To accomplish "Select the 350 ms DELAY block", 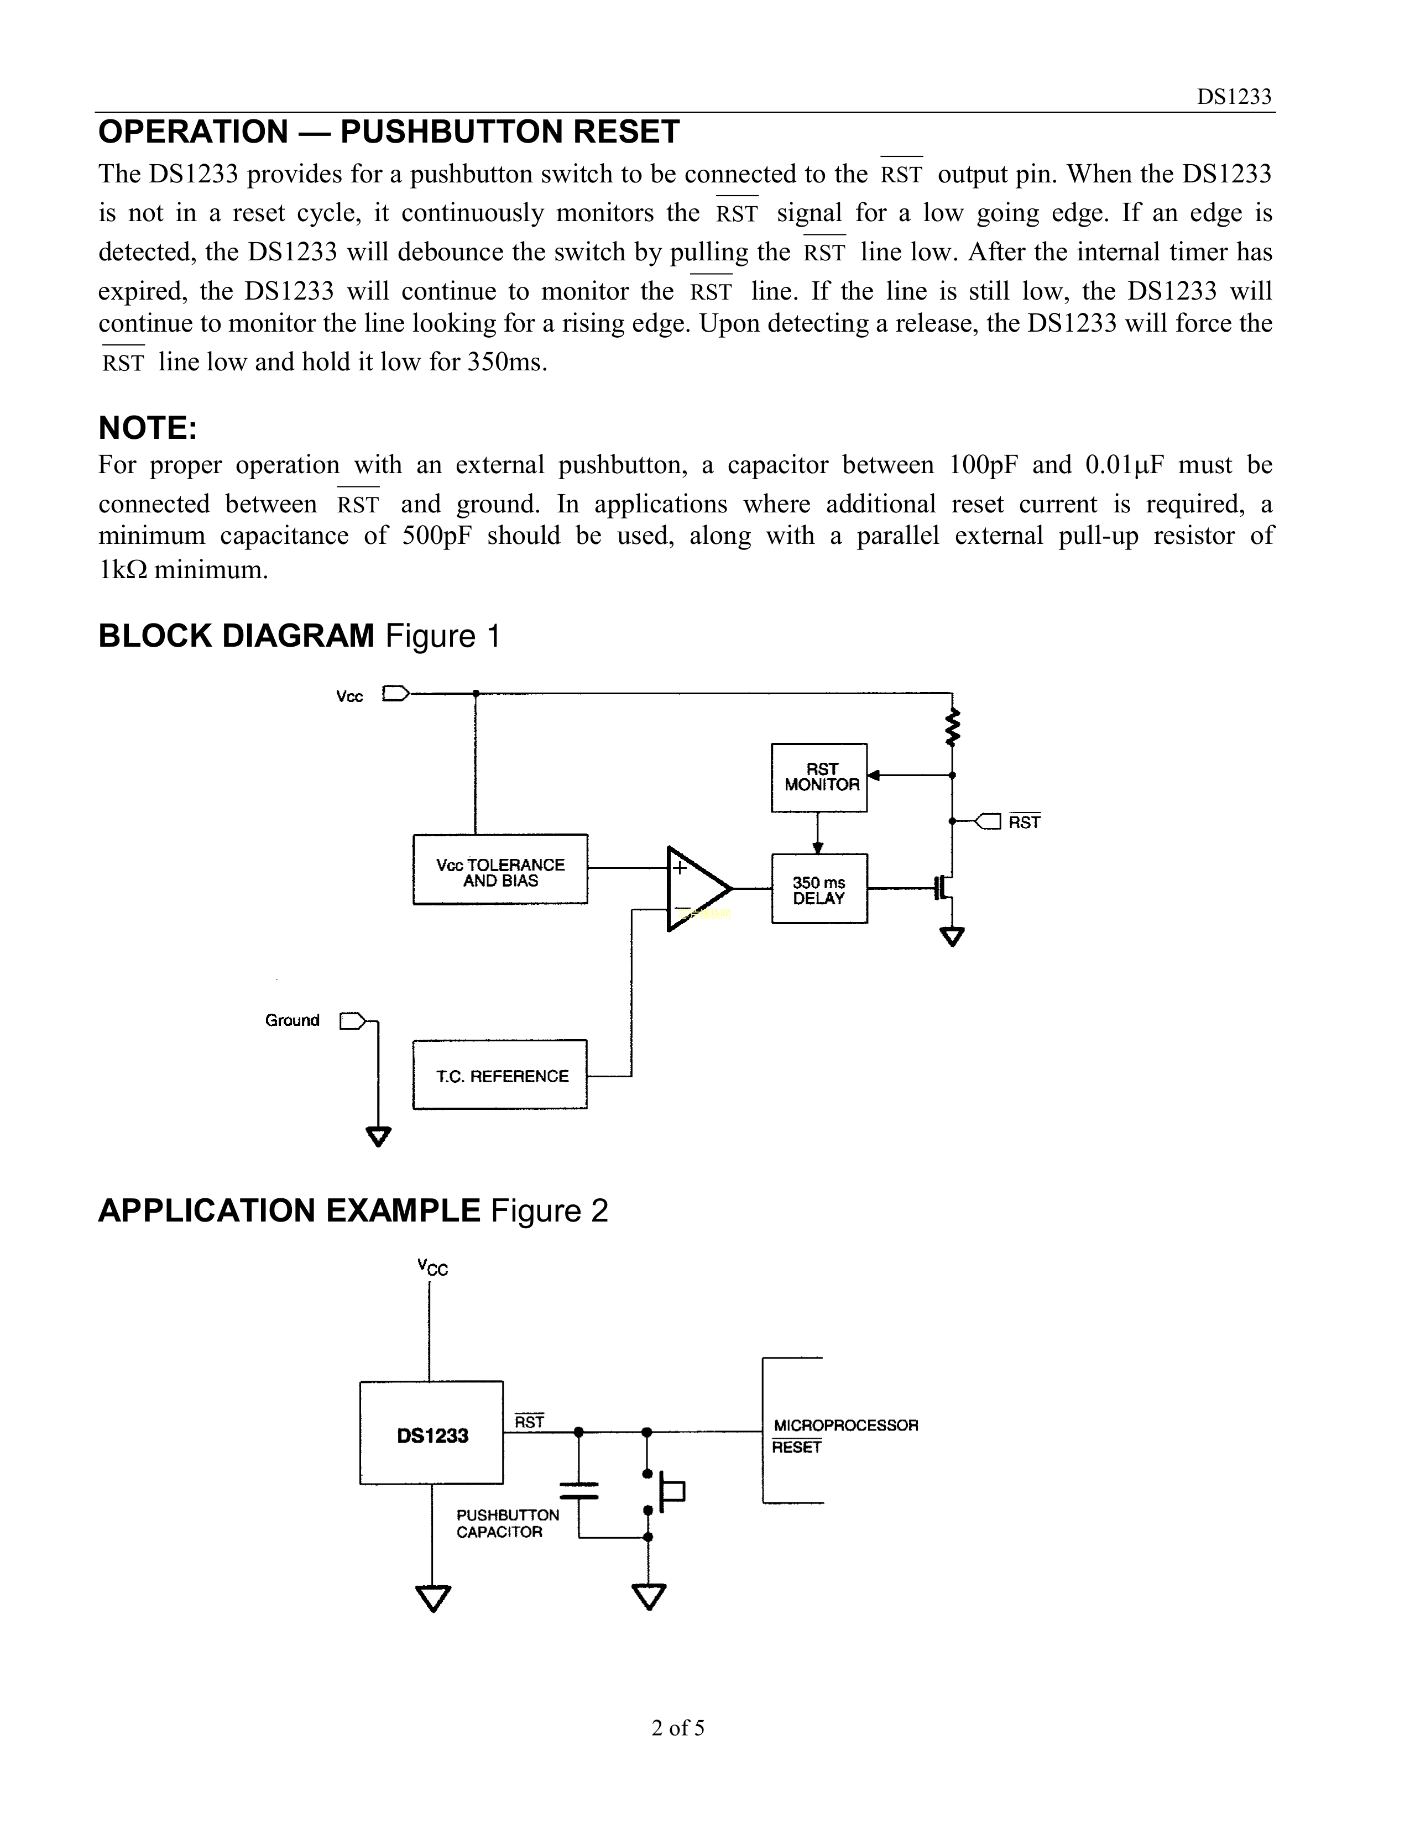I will [818, 889].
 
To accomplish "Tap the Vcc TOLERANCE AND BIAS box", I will [499, 869].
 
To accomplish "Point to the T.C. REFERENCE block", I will [499, 1075].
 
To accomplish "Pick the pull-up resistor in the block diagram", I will [952, 727].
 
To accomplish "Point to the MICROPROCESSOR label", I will [845, 1425].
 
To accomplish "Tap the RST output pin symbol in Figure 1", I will [988, 822].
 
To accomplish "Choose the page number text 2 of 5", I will [677, 1727].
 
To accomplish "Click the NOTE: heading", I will [148, 428].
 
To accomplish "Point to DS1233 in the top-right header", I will [1234, 97].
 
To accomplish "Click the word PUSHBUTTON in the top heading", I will [452, 132].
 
